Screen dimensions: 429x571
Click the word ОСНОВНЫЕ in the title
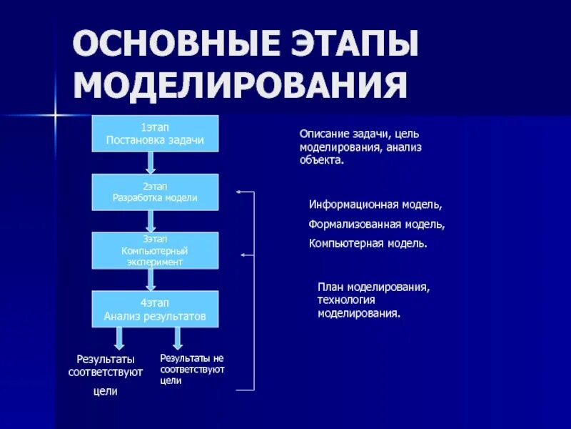pyautogui.click(x=167, y=46)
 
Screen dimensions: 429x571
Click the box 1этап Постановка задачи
pyautogui.click(x=155, y=134)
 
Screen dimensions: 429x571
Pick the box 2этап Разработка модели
pyautogui.click(x=155, y=192)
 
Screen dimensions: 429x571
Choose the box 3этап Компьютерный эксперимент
pyautogui.click(x=155, y=250)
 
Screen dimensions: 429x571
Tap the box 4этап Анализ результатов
pyautogui.click(x=155, y=309)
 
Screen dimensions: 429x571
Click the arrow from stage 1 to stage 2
pyautogui.click(x=151, y=163)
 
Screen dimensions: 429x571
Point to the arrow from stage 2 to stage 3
pyautogui.click(x=151, y=221)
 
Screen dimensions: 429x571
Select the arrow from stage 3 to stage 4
pyautogui.click(x=151, y=280)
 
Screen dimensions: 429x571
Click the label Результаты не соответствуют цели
pyautogui.click(x=192, y=369)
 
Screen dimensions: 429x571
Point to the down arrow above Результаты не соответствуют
pyautogui.click(x=178, y=337)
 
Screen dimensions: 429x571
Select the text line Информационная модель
pyautogui.click(x=375, y=204)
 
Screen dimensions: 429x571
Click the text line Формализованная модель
pyautogui.click(x=377, y=224)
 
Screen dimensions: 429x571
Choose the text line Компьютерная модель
pyautogui.click(x=368, y=243)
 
